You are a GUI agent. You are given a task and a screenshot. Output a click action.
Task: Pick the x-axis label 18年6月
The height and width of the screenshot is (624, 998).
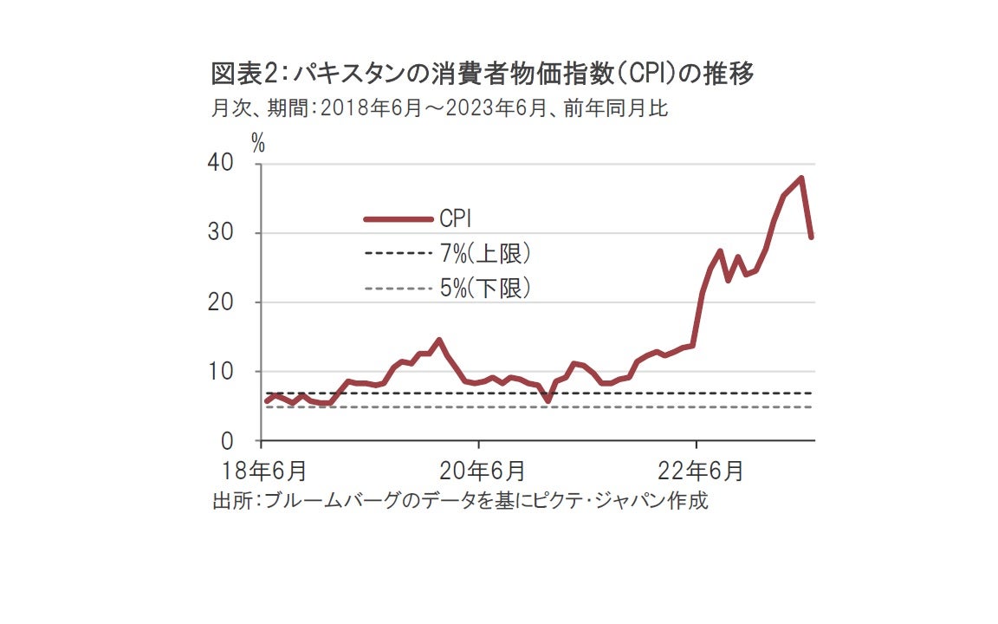pyautogui.click(x=263, y=471)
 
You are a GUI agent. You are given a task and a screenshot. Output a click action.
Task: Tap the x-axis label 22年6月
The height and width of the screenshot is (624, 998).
pyautogui.click(x=700, y=471)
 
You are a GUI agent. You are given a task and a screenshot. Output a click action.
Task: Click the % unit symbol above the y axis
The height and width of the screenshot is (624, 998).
pyautogui.click(x=258, y=143)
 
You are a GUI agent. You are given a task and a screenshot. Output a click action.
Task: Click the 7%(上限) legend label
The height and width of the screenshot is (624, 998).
pyautogui.click(x=485, y=254)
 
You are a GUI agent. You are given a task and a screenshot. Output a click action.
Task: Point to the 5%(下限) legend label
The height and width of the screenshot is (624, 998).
pyautogui.click(x=485, y=289)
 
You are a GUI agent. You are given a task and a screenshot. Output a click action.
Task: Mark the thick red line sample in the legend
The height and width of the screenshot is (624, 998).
pyautogui.click(x=398, y=219)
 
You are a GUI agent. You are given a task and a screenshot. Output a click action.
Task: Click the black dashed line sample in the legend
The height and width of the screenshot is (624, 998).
pyautogui.click(x=398, y=254)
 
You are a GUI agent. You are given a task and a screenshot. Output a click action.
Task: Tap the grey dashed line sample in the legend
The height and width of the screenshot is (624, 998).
pyautogui.click(x=398, y=289)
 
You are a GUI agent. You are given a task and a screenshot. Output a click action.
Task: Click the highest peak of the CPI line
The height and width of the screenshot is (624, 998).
pyautogui.click(x=802, y=179)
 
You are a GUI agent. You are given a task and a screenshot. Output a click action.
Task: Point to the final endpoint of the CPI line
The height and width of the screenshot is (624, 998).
pyautogui.click(x=812, y=237)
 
